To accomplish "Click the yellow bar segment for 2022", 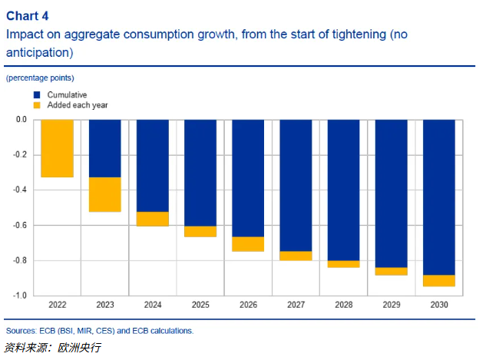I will pyautogui.click(x=58, y=149).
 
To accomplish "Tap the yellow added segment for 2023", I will pyautogui.click(x=105, y=194).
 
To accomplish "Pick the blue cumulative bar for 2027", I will pyautogui.click(x=296, y=185).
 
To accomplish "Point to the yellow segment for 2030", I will pyautogui.click(x=438, y=280).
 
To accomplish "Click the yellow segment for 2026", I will pyautogui.click(x=248, y=244).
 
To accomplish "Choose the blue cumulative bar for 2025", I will pyautogui.click(x=200, y=173).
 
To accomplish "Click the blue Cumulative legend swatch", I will pyautogui.click(x=36, y=94).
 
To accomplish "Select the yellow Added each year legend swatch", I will pyautogui.click(x=36, y=104).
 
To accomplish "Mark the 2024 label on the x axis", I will pyautogui.click(x=153, y=306).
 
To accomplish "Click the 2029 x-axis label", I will pyautogui.click(x=391, y=306).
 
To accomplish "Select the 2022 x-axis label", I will pyautogui.click(x=58, y=306).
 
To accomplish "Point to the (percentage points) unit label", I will pyautogui.click(x=40, y=78).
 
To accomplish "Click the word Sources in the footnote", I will pyautogui.click(x=22, y=331).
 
